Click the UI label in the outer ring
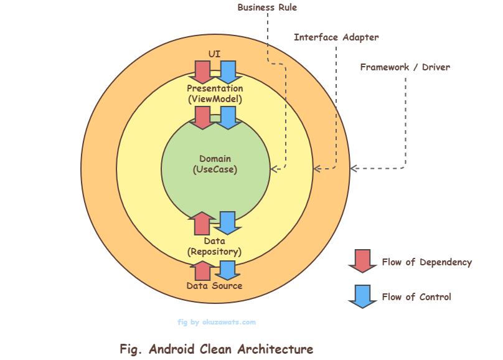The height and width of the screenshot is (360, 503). [215, 54]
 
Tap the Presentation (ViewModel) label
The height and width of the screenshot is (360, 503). [215, 93]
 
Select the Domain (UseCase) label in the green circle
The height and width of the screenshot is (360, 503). [215, 163]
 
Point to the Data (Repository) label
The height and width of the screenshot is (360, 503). [215, 246]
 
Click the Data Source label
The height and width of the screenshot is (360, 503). [215, 286]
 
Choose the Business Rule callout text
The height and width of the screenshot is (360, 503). [267, 7]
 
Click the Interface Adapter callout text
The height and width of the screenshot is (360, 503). [336, 37]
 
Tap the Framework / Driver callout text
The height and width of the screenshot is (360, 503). [405, 67]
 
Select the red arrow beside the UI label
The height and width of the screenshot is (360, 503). [202, 72]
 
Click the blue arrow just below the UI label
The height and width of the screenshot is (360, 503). [228, 72]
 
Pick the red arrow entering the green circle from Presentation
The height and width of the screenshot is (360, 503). [202, 117]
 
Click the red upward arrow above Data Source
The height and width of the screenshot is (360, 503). [202, 271]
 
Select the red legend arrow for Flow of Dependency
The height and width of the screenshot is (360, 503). [362, 261]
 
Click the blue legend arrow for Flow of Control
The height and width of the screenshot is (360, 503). [362, 296]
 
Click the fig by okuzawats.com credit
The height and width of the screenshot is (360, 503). [217, 322]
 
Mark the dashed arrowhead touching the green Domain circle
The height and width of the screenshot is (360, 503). [274, 168]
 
